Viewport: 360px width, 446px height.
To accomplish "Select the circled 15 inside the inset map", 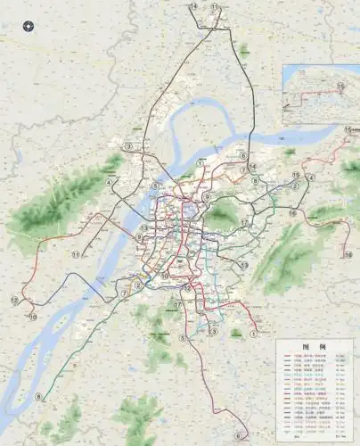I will point(340,86).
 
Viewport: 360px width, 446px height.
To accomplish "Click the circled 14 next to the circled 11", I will point(193,6).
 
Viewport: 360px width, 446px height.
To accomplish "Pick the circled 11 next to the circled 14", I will point(214,6).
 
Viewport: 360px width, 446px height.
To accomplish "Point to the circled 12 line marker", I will point(14,301).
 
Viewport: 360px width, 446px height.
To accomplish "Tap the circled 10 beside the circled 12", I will point(32,316).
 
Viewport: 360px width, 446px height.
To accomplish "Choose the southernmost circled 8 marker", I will point(38,396).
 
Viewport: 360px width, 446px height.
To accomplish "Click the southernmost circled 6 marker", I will point(238,435).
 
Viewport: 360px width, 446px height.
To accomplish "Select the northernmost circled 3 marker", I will point(128,145).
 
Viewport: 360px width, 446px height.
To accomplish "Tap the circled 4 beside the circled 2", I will point(309,178).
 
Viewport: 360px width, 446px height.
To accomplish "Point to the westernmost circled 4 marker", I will point(110,182).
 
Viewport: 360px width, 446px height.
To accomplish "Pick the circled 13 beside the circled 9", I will point(143,228).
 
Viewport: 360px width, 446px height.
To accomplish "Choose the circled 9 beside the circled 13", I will point(139,237).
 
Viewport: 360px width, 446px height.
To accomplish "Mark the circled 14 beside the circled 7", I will point(253,166).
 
